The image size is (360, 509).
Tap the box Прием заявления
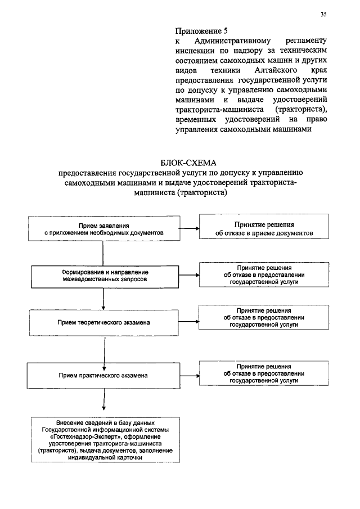(103, 228)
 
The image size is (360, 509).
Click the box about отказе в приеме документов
(255, 228)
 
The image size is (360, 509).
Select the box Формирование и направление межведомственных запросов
(105, 275)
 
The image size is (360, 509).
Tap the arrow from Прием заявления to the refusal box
(190, 228)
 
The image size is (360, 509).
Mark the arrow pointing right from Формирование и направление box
(190, 275)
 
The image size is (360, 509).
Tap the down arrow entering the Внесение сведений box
(103, 405)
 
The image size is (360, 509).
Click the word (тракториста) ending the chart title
(201, 192)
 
